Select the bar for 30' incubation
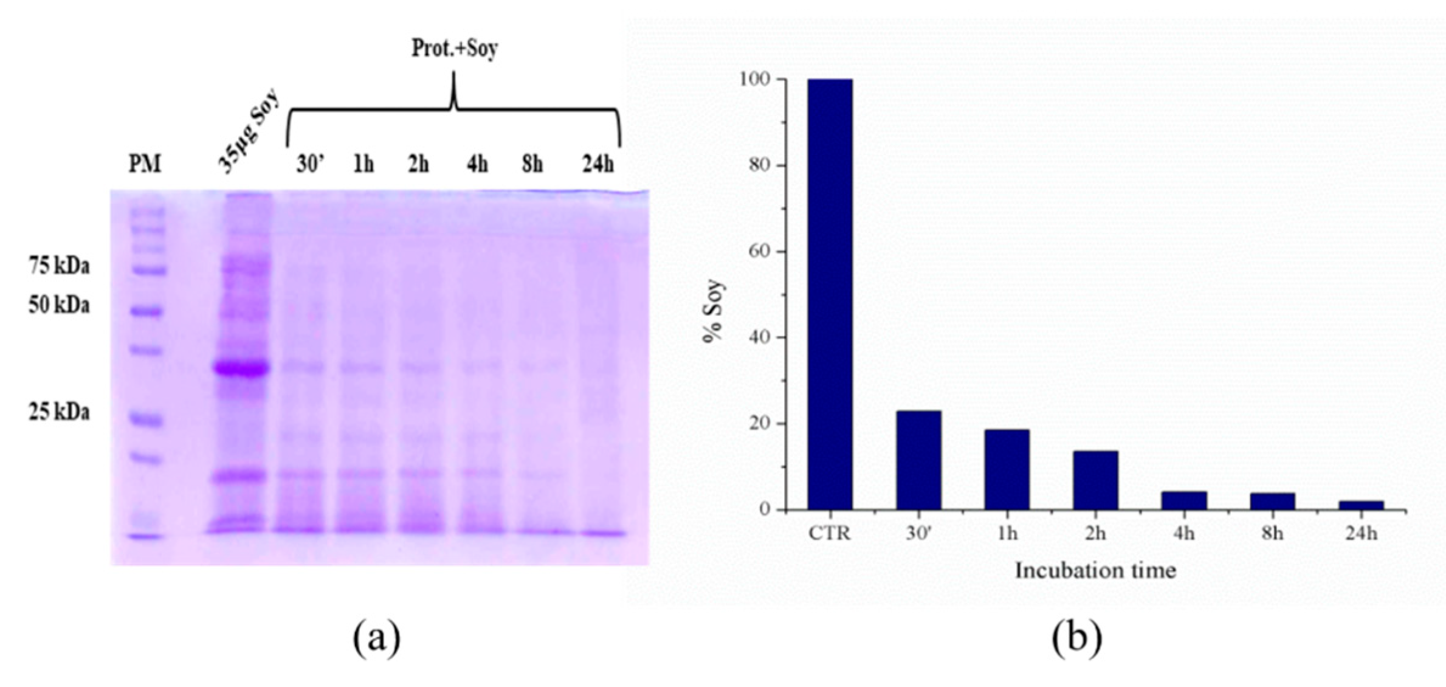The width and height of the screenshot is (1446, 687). click(x=918, y=460)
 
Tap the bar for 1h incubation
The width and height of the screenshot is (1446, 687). click(x=1007, y=469)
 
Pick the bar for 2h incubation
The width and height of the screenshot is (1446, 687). click(x=1095, y=480)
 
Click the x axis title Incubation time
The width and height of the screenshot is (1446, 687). click(x=1095, y=570)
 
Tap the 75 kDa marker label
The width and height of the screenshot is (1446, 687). click(x=59, y=266)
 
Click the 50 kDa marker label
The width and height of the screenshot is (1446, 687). click(x=59, y=305)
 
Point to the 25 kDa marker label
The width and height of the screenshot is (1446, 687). click(x=59, y=413)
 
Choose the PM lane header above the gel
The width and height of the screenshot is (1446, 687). click(x=145, y=164)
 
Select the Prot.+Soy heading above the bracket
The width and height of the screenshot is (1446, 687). click(x=455, y=49)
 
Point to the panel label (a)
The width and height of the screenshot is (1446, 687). click(x=377, y=640)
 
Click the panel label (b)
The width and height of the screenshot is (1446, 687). click(x=1077, y=640)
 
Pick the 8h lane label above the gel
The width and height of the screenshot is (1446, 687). click(x=532, y=165)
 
